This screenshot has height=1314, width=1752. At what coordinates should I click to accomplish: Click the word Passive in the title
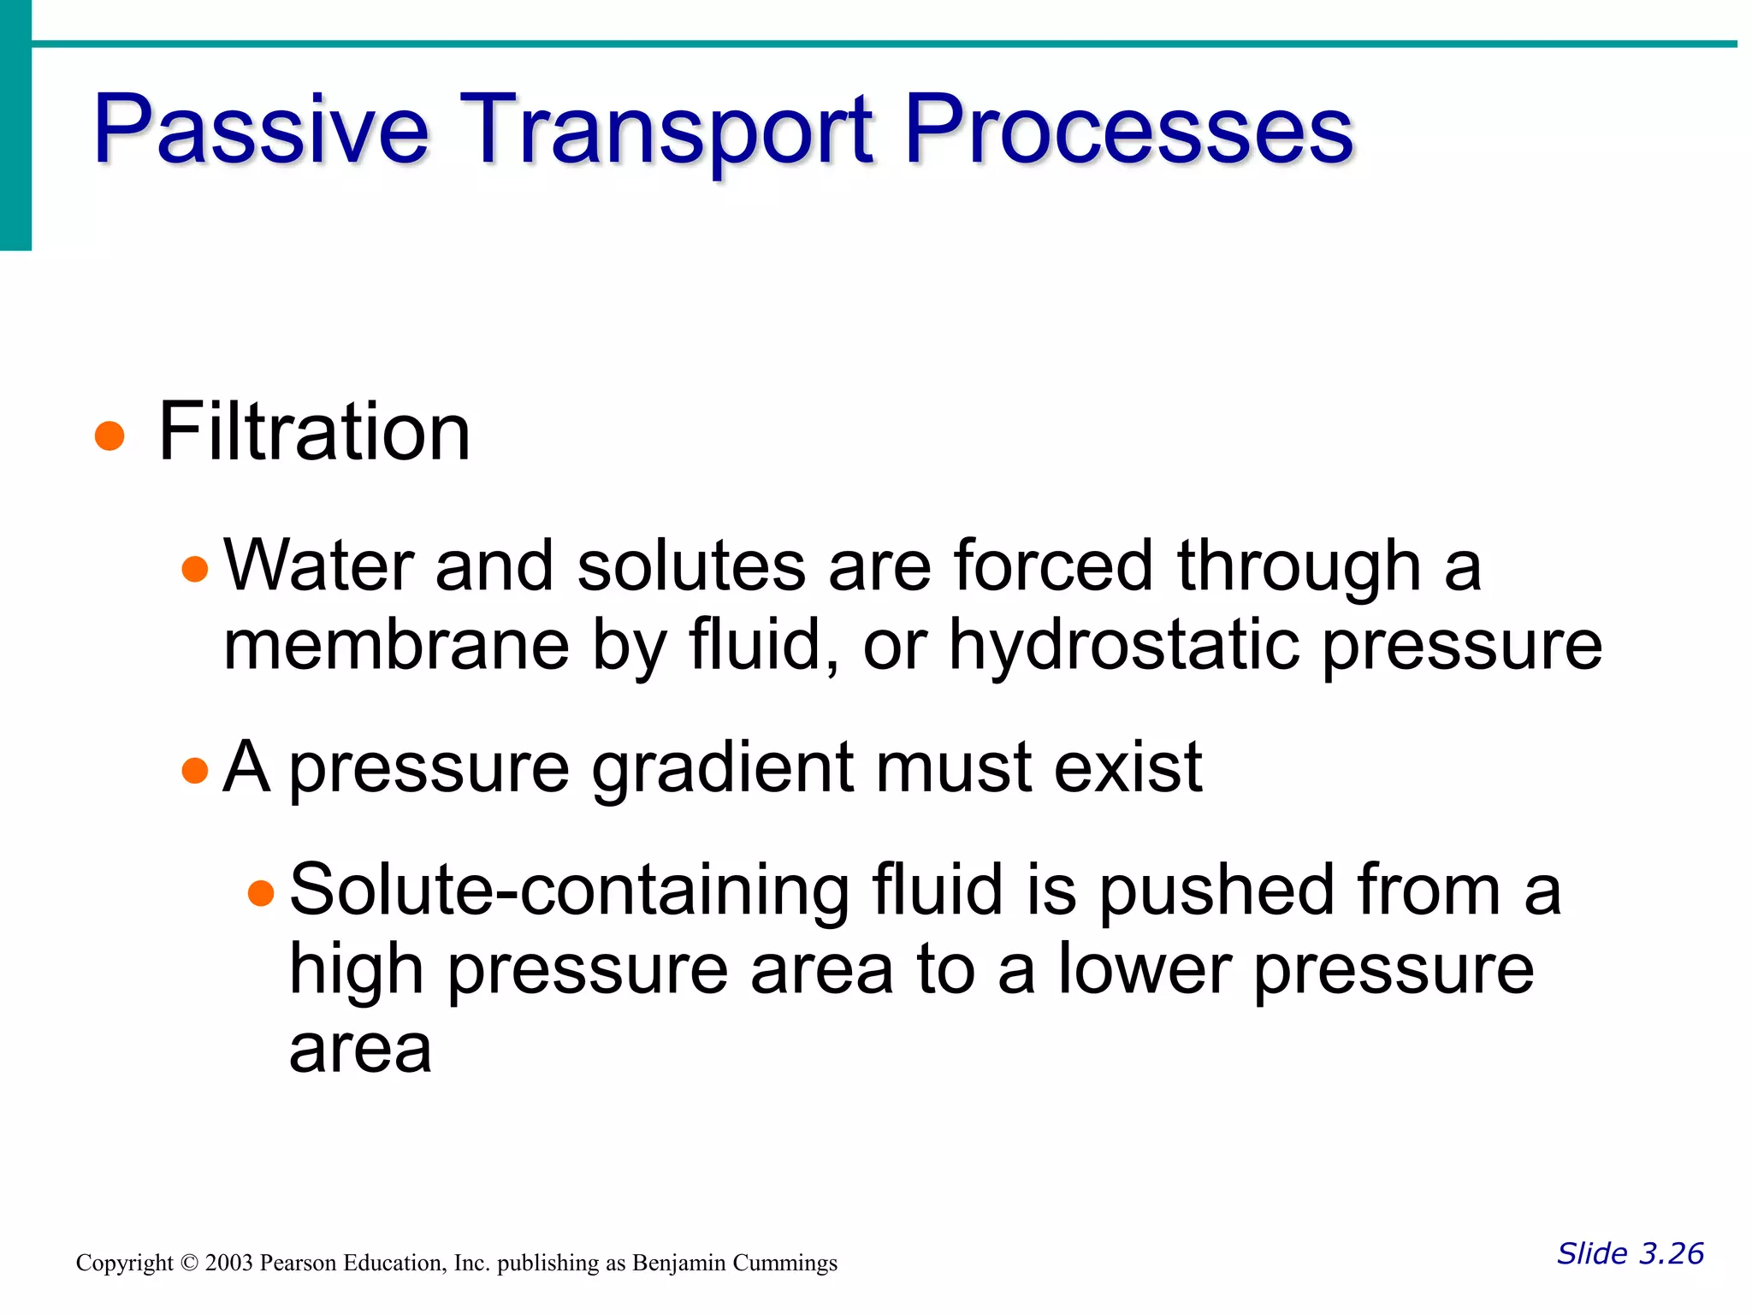tap(261, 130)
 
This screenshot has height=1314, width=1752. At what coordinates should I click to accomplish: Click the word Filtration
tap(314, 432)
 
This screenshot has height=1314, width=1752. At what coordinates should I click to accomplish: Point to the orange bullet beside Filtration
tap(109, 435)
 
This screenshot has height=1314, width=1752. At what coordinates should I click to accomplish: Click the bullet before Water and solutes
tap(195, 569)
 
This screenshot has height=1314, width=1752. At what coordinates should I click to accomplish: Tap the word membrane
tap(395, 645)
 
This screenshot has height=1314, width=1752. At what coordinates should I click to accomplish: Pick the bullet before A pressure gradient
tap(195, 770)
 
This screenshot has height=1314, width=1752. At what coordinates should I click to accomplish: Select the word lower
tap(1145, 969)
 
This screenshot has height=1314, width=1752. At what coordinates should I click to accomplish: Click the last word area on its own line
tap(360, 1051)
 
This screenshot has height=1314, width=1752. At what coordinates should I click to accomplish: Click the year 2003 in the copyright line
tap(228, 1263)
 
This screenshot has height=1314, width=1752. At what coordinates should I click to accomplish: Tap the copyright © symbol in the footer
tap(189, 1264)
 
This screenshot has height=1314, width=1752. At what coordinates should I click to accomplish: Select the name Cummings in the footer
tap(787, 1264)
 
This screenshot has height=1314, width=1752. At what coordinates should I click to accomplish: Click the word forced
tap(1053, 565)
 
